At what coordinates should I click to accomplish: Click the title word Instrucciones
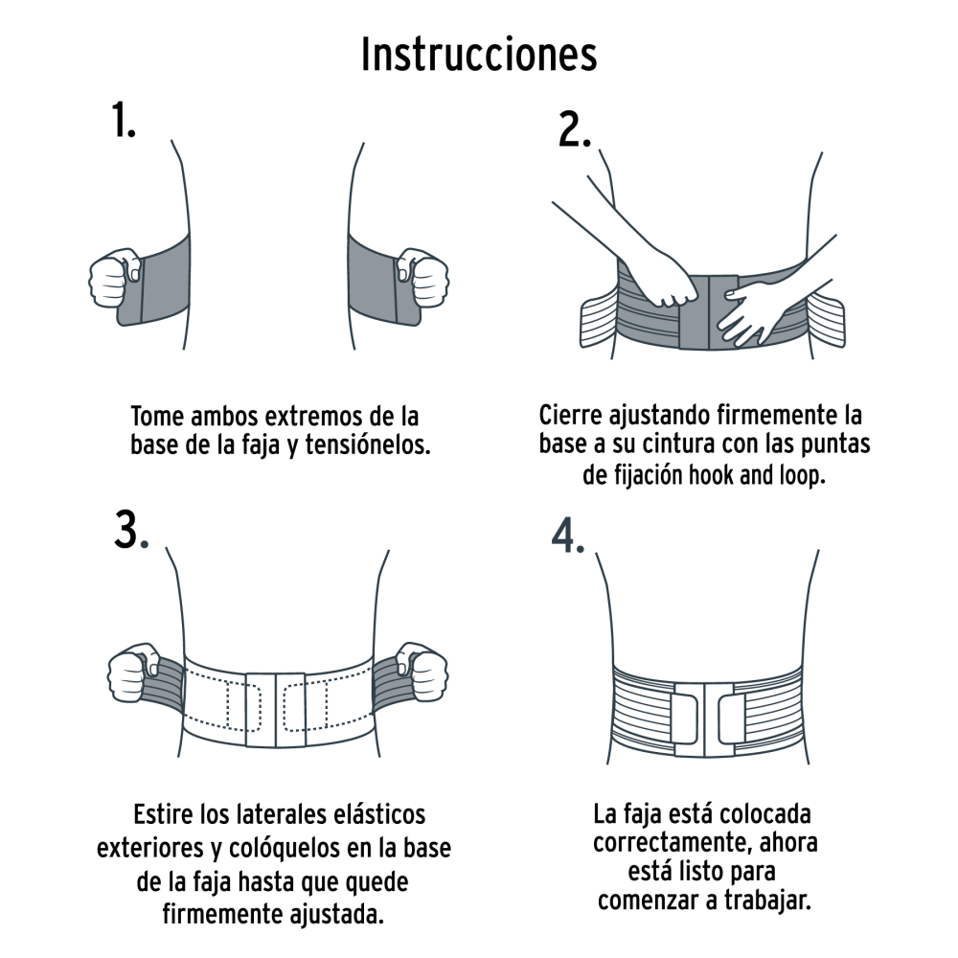(479, 55)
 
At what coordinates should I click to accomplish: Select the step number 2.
(576, 131)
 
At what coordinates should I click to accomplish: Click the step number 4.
(567, 538)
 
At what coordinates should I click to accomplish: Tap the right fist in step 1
(423, 278)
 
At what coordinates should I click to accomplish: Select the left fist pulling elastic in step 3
(134, 676)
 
